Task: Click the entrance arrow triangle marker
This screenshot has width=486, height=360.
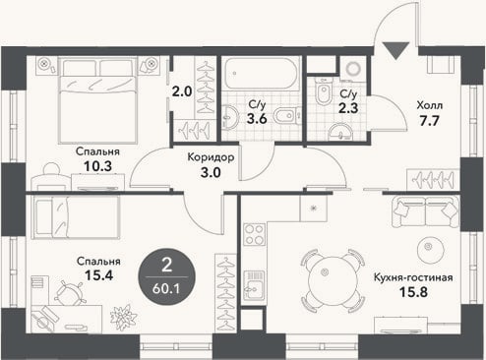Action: (x=395, y=49)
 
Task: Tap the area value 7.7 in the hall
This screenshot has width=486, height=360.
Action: (x=429, y=121)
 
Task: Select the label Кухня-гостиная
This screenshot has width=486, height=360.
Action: (x=413, y=277)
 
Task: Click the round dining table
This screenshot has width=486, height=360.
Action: (x=333, y=281)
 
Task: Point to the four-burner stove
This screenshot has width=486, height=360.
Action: (x=254, y=234)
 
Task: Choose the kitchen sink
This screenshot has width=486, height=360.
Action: (x=254, y=285)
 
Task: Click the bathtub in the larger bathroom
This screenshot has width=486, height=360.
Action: (x=261, y=73)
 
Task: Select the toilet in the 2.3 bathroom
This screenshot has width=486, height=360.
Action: (x=323, y=91)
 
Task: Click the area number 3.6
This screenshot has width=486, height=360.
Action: (x=257, y=119)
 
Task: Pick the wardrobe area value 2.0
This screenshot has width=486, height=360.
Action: (x=182, y=91)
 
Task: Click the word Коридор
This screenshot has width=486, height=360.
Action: (x=211, y=157)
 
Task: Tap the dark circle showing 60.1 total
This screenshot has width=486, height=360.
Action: (x=167, y=277)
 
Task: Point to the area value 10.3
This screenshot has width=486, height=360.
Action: (x=97, y=166)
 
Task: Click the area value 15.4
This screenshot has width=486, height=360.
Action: (x=98, y=275)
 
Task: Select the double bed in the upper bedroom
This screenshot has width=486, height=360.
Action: (x=97, y=100)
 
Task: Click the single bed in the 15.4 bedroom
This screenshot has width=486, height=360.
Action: (x=76, y=217)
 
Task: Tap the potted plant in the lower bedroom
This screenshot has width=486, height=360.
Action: (x=124, y=318)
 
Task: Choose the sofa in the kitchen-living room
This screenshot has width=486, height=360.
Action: (x=426, y=211)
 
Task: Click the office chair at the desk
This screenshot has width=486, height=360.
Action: (x=69, y=294)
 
